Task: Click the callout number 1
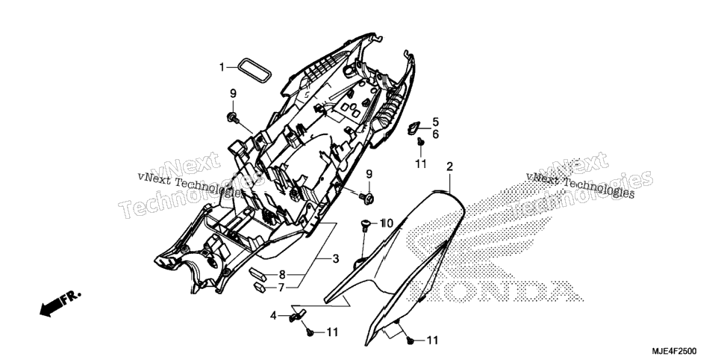tap(222, 68)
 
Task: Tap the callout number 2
tap(450, 167)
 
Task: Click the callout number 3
tap(336, 258)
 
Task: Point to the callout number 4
tap(273, 316)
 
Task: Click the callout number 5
tap(435, 122)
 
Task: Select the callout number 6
tap(435, 134)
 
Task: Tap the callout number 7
tap(281, 288)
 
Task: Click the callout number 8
tap(282, 276)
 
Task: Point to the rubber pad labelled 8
tap(260, 273)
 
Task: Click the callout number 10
tap(387, 224)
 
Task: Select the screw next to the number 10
tap(366, 225)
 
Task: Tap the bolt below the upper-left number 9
tap(233, 117)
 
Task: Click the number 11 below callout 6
tap(421, 164)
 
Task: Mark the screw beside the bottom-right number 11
tap(410, 341)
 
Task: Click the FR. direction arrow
tap(60, 303)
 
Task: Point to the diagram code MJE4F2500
tap(674, 350)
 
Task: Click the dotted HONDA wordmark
tap(496, 291)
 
